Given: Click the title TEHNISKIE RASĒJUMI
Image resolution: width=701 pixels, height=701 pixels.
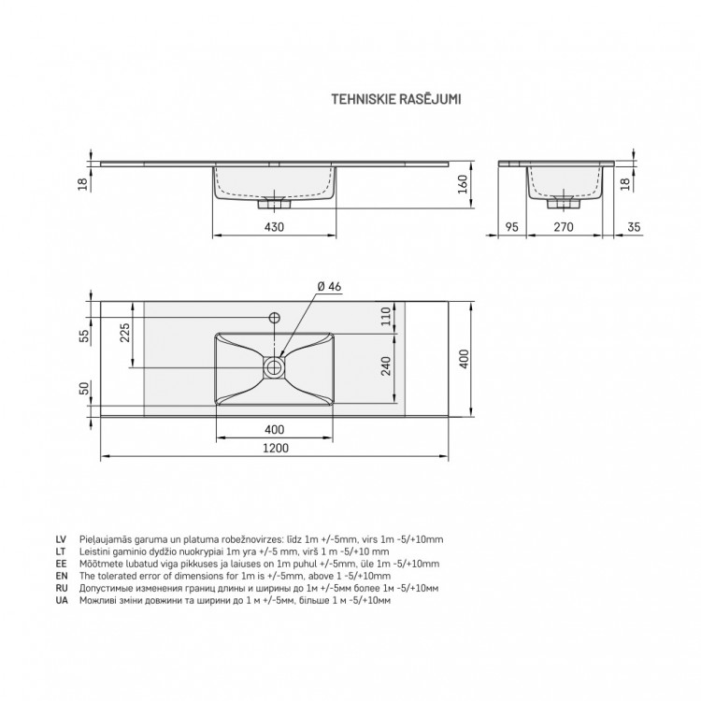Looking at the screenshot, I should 398,96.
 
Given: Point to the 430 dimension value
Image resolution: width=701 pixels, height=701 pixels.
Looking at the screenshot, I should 274,227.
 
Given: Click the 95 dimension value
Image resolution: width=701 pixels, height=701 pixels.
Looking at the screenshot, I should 511,227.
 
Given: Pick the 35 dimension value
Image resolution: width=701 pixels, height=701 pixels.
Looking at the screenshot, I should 634,227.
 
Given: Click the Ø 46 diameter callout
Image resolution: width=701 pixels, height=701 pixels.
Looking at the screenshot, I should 327,286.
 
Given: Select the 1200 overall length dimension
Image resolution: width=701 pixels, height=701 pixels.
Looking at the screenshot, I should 274,448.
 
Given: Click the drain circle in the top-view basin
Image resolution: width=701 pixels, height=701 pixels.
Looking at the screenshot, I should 274,365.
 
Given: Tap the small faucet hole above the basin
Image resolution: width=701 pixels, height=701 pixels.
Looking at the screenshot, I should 274,317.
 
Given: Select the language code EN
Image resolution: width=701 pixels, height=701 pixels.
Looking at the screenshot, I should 61,577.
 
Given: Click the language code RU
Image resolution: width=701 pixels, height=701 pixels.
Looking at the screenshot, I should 61,589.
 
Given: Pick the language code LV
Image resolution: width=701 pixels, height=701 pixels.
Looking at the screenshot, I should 61,540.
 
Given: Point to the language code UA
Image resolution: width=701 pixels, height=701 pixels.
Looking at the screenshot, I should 61,601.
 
